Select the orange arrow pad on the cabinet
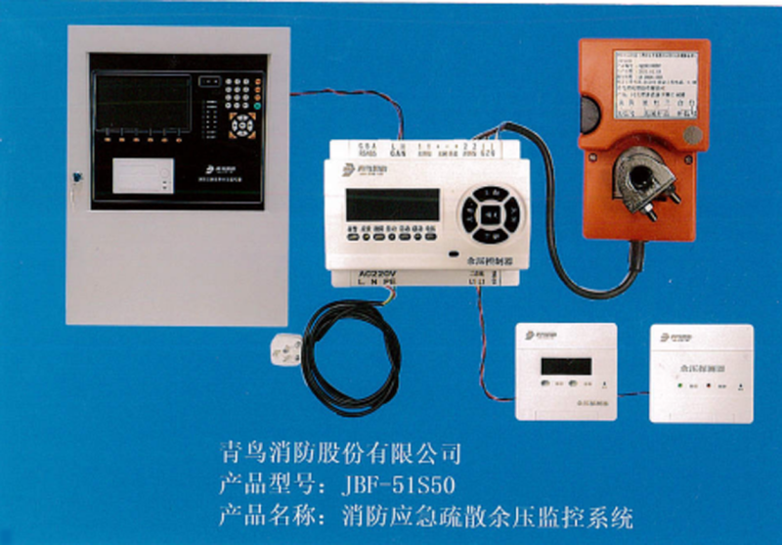(x=240, y=124)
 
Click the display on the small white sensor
(x=566, y=366)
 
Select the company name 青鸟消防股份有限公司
(x=336, y=454)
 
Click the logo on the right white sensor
(x=676, y=337)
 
